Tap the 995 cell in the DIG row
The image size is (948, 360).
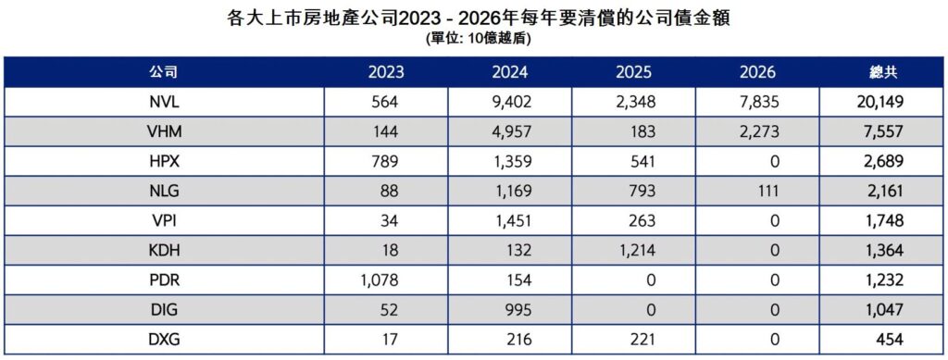pos(516,309)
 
